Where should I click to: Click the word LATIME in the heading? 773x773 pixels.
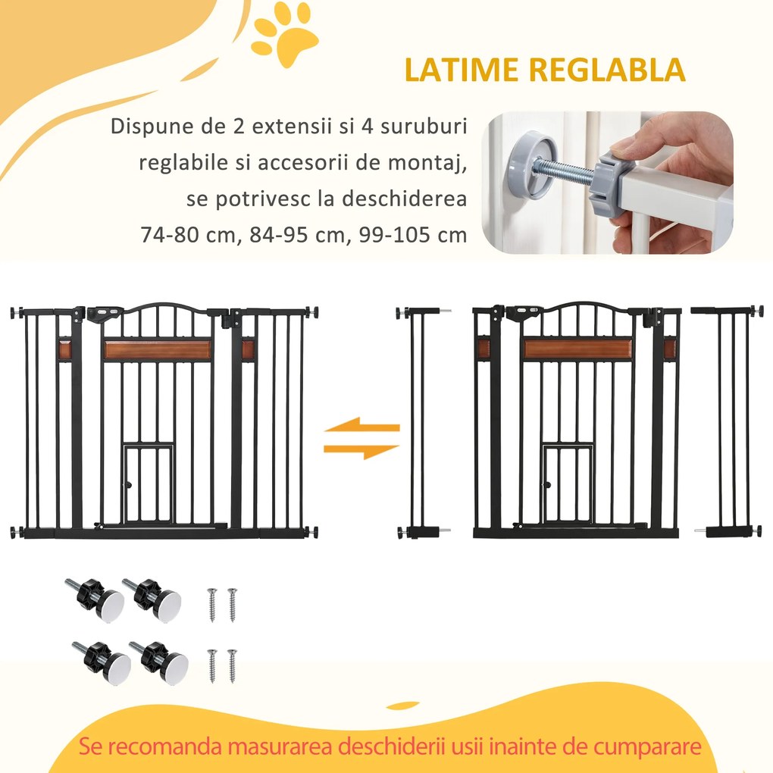(x=462, y=69)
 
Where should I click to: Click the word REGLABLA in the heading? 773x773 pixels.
(x=607, y=69)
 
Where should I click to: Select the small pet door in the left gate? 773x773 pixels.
(x=149, y=485)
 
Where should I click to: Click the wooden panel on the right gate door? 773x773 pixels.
(x=578, y=349)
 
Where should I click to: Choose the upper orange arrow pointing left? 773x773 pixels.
(x=361, y=427)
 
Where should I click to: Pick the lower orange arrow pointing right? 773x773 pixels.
(x=361, y=451)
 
